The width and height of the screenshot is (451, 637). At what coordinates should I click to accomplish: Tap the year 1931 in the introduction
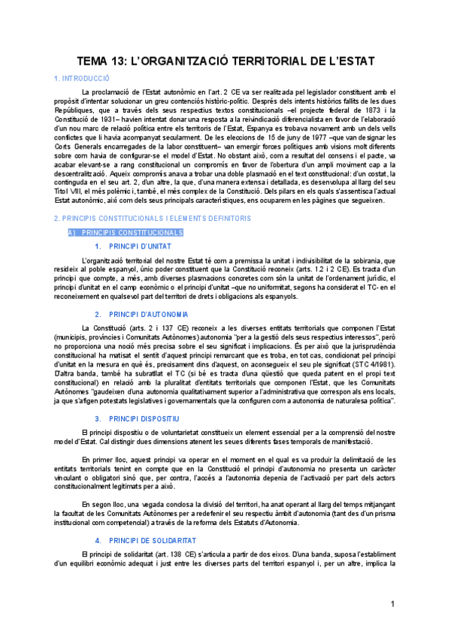tap(113, 122)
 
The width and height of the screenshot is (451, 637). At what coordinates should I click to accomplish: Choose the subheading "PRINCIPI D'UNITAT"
tap(140, 246)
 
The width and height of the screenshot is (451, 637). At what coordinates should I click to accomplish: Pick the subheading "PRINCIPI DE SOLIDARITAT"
tap(153, 540)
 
